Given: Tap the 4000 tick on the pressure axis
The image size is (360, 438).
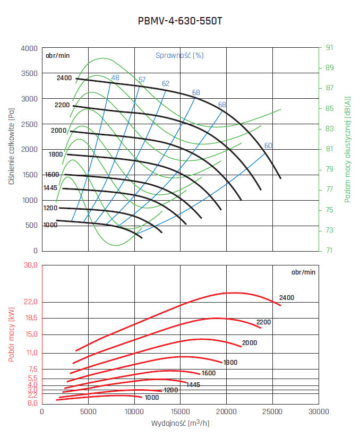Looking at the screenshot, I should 29,48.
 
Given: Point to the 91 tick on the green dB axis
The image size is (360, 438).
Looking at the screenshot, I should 329,48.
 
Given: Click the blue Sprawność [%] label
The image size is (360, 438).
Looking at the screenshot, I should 179,55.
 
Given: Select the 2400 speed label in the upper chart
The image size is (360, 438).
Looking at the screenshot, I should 64,78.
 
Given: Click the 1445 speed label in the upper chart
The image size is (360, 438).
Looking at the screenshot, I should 51,188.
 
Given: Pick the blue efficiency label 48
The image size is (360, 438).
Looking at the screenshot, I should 115,79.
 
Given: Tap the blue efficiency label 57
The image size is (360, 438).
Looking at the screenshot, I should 142,80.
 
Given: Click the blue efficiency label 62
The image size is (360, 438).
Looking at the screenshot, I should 166,83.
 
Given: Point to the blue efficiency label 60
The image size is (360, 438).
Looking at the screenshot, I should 268,145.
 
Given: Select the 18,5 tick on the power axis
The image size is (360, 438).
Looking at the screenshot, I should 31,318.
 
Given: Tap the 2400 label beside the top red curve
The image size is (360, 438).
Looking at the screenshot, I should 286,298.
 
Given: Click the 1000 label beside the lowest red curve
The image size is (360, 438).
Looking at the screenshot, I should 151,397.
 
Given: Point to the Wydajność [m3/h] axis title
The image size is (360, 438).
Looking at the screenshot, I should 180,424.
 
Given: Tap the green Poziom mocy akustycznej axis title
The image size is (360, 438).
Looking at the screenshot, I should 348,149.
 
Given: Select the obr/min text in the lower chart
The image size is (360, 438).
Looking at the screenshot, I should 303,272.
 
